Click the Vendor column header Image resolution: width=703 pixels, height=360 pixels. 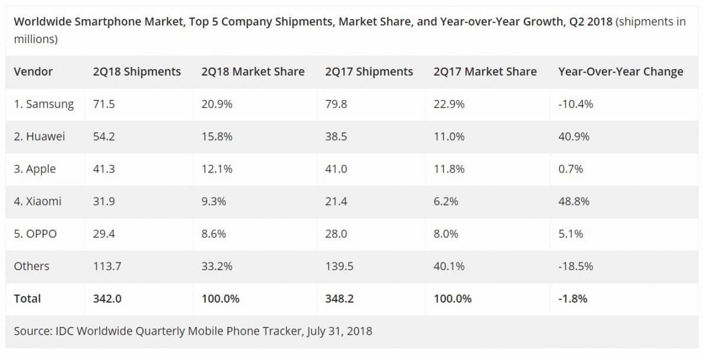[33, 72]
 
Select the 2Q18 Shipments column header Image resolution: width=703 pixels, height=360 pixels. [136, 72]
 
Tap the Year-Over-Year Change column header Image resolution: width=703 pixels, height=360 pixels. [620, 72]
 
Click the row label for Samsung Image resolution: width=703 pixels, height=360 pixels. [44, 104]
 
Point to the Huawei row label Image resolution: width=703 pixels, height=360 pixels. [39, 137]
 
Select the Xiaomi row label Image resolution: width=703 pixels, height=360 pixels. [37, 202]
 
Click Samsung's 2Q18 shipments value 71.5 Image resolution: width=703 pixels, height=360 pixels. [103, 104]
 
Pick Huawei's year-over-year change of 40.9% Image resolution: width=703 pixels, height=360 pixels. [574, 137]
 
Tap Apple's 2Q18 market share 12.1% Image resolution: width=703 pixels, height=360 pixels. [217, 169]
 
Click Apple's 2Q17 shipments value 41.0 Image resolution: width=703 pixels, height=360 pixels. [336, 169]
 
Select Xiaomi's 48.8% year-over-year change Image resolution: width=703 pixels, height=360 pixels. [574, 202]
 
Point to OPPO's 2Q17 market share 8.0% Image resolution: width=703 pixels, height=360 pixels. [445, 234]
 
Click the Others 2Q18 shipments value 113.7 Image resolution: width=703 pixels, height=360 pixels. [107, 267]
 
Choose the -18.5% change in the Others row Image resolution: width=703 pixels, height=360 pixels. [575, 267]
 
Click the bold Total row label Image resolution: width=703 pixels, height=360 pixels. [27, 299]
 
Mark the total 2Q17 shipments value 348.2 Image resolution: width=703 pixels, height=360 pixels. [339, 299]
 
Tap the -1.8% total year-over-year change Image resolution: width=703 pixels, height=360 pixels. [572, 299]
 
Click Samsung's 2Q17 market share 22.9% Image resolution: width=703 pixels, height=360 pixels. [449, 104]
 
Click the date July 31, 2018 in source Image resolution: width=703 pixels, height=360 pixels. [340, 331]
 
